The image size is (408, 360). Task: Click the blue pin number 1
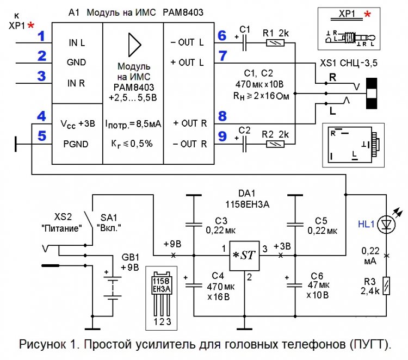click(x=41, y=38)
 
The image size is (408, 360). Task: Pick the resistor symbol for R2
click(x=275, y=144)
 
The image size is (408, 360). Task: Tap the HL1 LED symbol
click(x=387, y=224)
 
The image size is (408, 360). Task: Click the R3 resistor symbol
click(x=387, y=286)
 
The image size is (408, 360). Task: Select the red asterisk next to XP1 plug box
click(x=368, y=14)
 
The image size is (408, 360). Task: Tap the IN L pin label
click(x=76, y=42)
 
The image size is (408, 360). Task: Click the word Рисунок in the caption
click(x=43, y=344)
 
